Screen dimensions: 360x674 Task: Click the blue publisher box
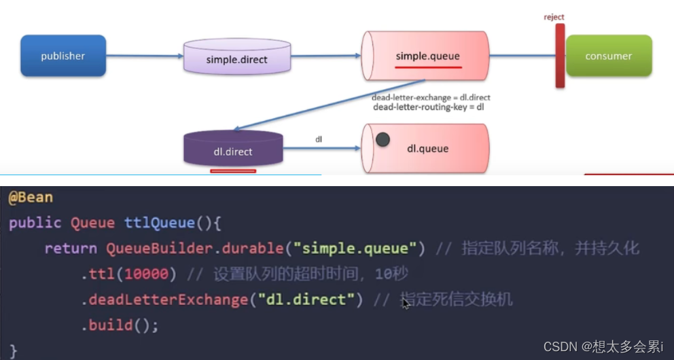[63, 56]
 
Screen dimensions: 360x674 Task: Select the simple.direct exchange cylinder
[236, 57]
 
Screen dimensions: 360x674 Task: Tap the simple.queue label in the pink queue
[428, 56]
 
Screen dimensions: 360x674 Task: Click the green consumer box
[608, 56]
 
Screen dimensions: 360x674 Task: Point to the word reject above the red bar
[554, 17]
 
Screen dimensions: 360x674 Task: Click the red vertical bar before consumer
[560, 56]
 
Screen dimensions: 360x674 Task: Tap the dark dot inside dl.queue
[383, 140]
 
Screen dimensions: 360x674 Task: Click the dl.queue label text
[427, 148]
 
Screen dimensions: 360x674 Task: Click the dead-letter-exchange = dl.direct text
[431, 97]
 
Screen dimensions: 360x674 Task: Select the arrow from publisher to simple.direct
[144, 56]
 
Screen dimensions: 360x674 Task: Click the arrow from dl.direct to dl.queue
[321, 148]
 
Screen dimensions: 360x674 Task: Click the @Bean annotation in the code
[31, 198]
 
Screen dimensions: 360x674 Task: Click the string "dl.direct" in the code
[311, 300]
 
